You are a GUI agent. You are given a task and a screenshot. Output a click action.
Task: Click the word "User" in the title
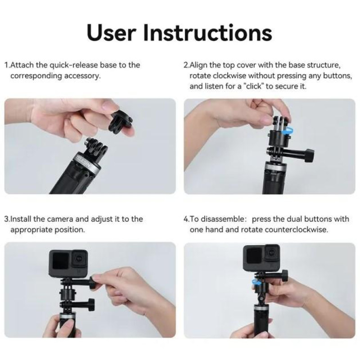(111, 32)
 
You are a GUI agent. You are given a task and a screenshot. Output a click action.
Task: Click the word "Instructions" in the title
(207, 32)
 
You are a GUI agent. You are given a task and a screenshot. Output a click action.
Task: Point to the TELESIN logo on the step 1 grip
(84, 162)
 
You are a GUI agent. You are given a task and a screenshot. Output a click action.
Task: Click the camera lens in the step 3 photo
(80, 257)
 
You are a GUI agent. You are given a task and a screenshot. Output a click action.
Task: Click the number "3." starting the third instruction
(7, 219)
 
